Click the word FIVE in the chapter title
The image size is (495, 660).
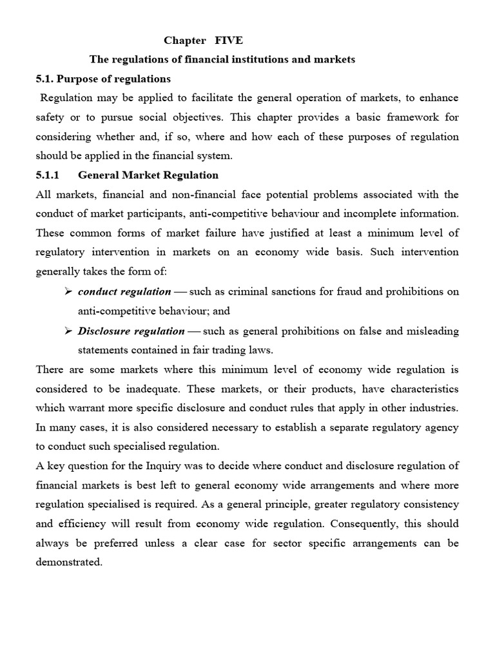tap(229, 41)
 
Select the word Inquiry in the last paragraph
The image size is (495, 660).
tap(170, 466)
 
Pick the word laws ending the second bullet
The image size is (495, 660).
tap(262, 350)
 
